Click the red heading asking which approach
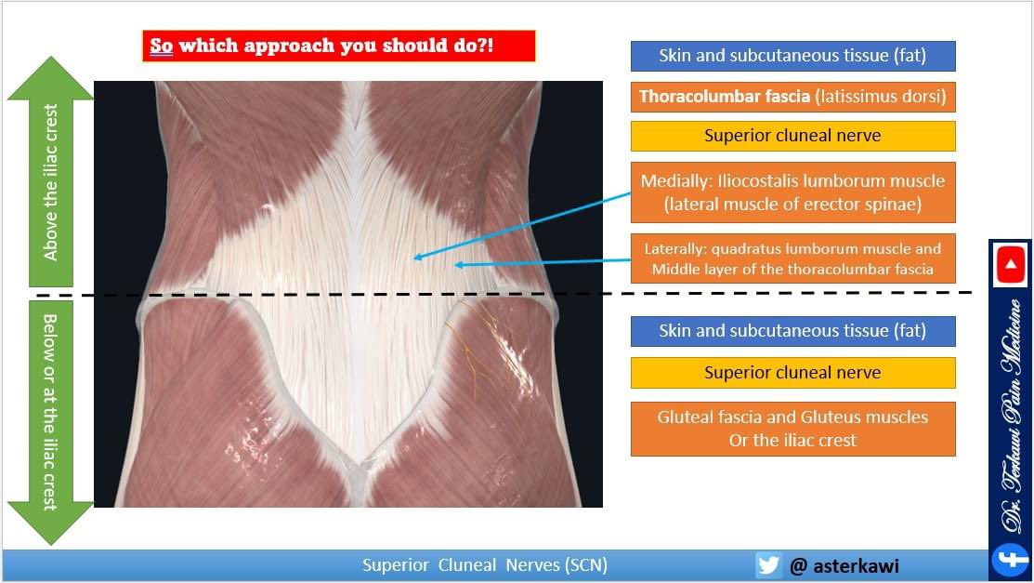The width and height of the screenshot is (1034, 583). point(338,46)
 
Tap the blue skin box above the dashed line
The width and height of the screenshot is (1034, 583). point(792,56)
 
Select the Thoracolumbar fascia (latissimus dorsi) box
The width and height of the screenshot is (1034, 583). point(792,96)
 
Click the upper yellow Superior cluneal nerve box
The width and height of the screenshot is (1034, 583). point(792,136)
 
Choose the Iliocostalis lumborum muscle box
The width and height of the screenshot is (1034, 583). point(792,192)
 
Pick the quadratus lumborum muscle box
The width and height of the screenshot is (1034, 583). point(792,258)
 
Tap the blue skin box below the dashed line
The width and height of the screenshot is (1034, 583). point(792,331)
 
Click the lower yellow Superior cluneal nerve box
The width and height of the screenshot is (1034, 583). point(792,373)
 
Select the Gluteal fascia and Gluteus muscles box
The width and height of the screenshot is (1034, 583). point(792,429)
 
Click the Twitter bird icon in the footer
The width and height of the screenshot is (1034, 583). point(768,565)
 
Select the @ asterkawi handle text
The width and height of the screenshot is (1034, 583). point(844,565)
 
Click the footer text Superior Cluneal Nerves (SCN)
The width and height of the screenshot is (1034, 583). point(484,565)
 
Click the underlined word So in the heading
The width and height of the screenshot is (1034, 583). point(162,46)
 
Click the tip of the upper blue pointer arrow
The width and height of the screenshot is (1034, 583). point(415,258)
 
